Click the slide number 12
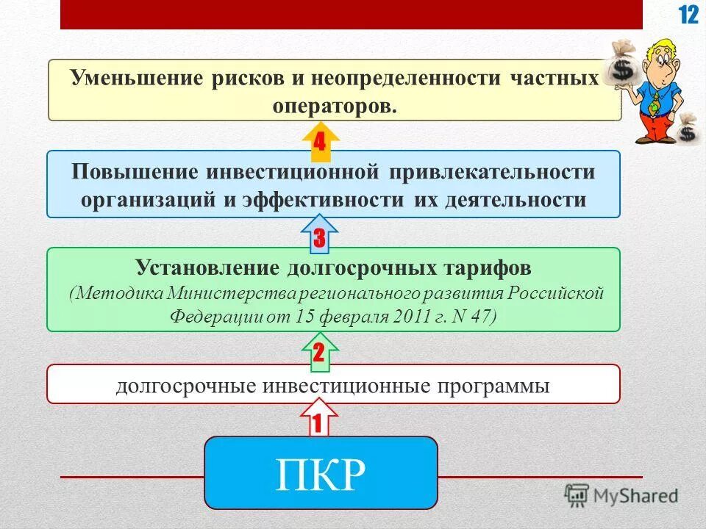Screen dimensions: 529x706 click(688, 15)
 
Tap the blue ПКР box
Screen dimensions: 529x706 click(320, 472)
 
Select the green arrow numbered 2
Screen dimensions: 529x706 click(318, 350)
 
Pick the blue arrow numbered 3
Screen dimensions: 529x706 click(319, 234)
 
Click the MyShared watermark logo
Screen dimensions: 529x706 click(621, 495)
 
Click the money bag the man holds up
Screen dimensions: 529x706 click(622, 67)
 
